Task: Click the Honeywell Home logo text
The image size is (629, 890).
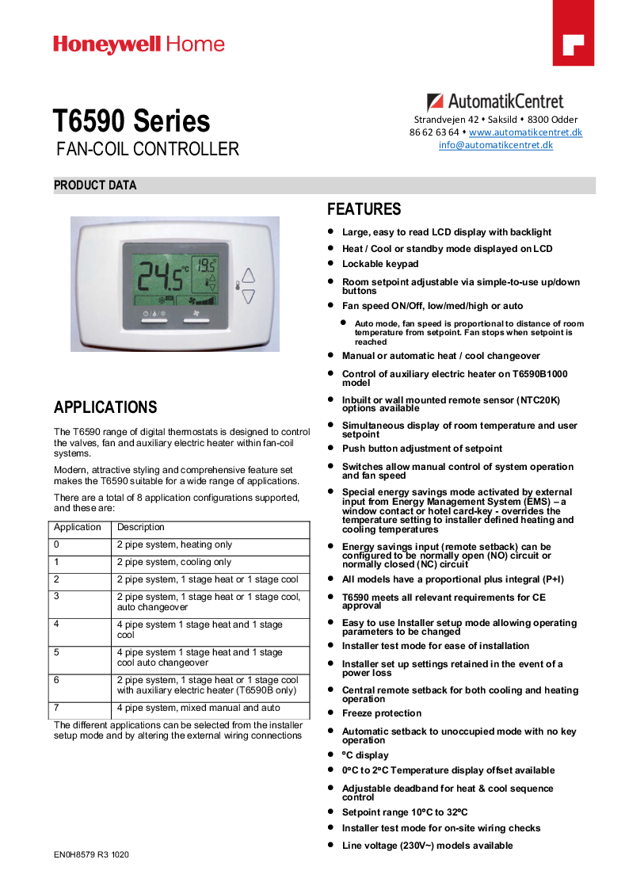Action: point(139,45)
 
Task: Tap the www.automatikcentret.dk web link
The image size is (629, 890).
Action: point(525,132)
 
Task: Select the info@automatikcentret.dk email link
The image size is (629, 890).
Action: point(496,145)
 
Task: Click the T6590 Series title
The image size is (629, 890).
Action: point(132,121)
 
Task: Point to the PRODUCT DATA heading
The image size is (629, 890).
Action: point(95,185)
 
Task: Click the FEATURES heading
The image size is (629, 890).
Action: point(364,209)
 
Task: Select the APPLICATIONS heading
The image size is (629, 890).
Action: point(105,407)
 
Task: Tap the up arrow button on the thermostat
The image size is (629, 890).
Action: point(249,276)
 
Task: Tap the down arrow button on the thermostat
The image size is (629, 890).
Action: point(249,297)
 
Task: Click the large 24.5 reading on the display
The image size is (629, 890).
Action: point(162,277)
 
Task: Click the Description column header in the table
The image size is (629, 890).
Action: point(141,528)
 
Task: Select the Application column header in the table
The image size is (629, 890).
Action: point(78,528)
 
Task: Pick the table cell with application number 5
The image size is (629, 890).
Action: point(57,652)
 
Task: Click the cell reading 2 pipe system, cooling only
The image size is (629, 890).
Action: point(174,563)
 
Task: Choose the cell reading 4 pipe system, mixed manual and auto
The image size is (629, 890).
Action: point(198,709)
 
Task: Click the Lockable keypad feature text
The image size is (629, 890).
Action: point(380,264)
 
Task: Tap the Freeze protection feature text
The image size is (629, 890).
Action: point(382,713)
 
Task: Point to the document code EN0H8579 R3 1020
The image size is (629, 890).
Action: point(91,855)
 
